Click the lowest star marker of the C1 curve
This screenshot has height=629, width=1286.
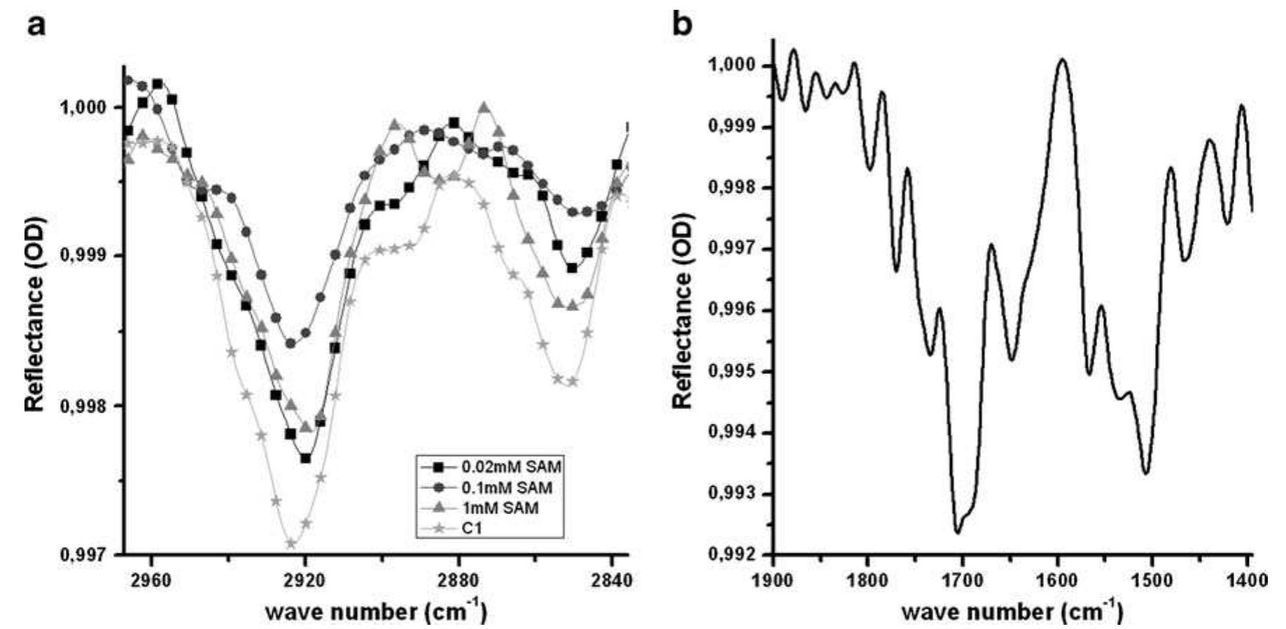[292, 544]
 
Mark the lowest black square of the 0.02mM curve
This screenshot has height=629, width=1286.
[306, 458]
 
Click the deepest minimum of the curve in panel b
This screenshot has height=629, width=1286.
[957, 532]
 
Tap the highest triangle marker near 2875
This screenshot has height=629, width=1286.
[484, 107]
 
